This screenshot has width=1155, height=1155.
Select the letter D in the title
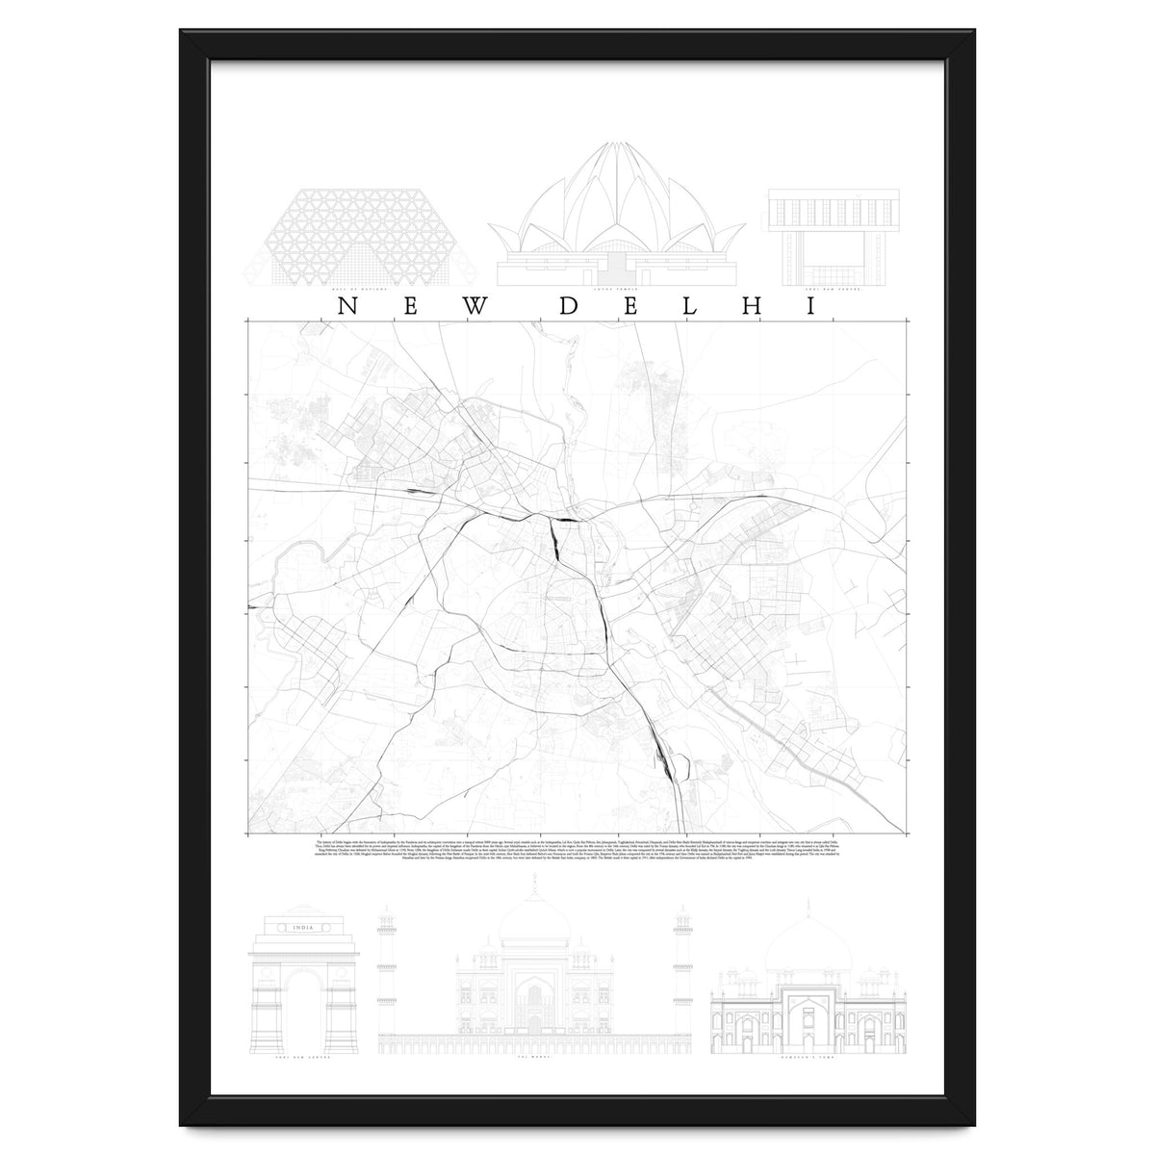(x=569, y=306)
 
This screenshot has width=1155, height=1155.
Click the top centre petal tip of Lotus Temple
(x=616, y=146)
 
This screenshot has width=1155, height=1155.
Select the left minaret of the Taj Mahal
(x=387, y=962)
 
